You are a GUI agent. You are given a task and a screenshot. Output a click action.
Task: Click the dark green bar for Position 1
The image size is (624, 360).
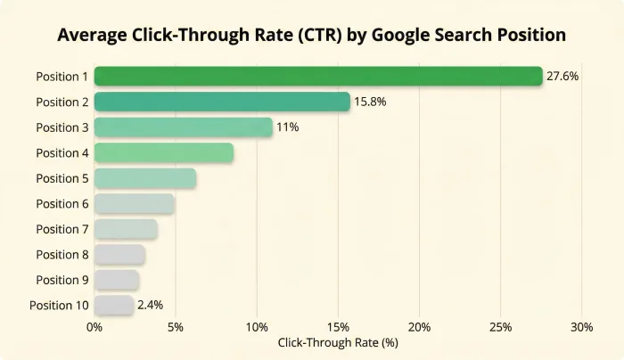point(317,77)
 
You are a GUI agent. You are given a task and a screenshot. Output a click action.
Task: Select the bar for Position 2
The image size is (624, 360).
point(222,102)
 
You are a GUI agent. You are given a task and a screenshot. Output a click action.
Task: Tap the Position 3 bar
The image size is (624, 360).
point(183,127)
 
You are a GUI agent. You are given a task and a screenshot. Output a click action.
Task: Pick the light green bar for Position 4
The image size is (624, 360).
point(163,153)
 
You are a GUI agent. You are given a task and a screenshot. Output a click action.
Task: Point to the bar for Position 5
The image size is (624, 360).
point(144,178)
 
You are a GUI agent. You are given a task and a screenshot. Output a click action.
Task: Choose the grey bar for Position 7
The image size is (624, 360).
point(126,229)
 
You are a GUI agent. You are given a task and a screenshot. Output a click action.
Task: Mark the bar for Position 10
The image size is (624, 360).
point(113,306)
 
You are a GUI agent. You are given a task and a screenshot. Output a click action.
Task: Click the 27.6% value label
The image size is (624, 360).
point(562,77)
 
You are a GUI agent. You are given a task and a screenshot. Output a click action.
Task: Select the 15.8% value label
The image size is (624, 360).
point(371,102)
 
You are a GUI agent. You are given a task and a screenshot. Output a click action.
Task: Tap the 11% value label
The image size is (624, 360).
point(287,127)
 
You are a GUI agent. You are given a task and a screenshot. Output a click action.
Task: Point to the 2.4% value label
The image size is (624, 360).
point(151,306)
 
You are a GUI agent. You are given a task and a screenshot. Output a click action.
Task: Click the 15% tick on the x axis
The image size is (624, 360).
point(338,326)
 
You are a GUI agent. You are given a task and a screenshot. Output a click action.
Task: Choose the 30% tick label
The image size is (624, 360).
point(581,326)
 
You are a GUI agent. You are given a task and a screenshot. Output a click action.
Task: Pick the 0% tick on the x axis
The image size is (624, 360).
point(94,326)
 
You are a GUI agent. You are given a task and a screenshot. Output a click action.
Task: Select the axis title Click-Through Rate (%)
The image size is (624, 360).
point(338,343)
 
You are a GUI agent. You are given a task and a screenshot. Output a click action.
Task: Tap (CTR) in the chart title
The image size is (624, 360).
point(316,36)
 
